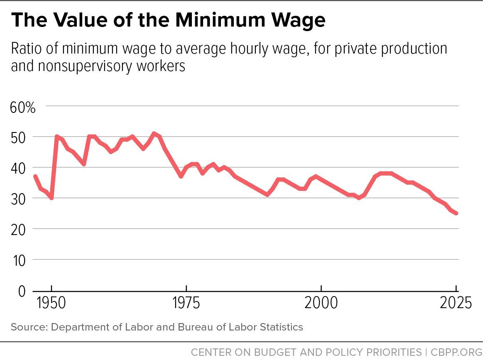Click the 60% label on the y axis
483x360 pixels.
(23, 108)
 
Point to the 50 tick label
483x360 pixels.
(18, 138)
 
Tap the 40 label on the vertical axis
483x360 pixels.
(18, 169)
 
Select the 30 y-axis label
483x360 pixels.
(18, 200)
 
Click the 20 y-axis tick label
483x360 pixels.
(18, 230)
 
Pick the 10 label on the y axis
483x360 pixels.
(19, 261)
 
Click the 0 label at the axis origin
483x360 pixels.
(22, 291)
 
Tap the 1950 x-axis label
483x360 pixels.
(51, 303)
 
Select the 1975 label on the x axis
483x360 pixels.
(186, 303)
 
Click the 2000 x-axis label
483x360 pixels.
(321, 303)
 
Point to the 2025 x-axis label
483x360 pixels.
(456, 303)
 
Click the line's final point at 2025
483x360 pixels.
(456, 213)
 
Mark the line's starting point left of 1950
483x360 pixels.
(35, 176)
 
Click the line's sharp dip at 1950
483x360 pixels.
(51, 198)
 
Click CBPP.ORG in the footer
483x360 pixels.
(456, 352)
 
